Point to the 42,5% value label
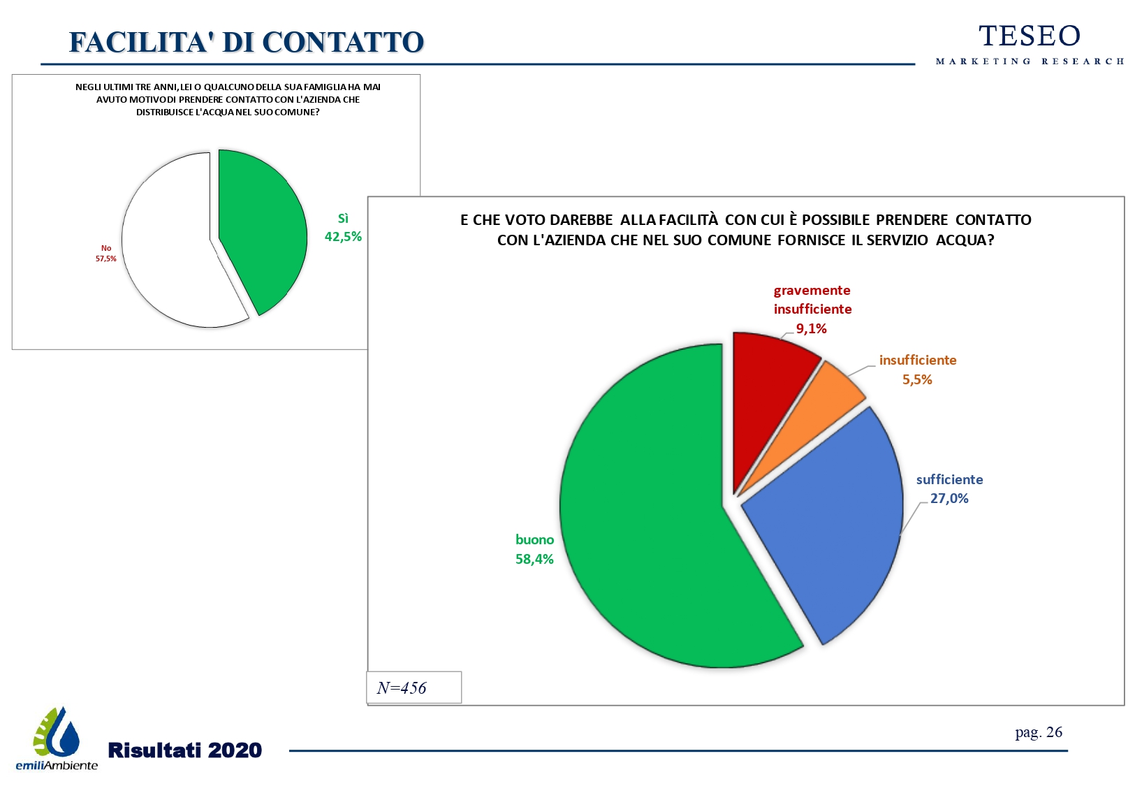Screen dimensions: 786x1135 [343, 237]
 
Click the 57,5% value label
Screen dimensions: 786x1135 [106, 259]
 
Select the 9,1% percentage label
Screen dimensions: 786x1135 [811, 328]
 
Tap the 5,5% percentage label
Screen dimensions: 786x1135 [917, 379]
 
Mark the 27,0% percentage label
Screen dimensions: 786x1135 [949, 498]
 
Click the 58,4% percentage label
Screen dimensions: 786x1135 [534, 559]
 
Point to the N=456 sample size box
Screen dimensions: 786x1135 [413, 687]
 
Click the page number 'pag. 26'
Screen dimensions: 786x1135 [1038, 732]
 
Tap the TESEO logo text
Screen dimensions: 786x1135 [1030, 36]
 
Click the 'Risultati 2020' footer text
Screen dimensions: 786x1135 [185, 750]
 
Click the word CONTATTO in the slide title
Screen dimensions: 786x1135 [343, 42]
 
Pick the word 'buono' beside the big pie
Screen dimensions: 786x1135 [534, 539]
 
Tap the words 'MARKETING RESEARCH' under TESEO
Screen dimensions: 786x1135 [1030, 61]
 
